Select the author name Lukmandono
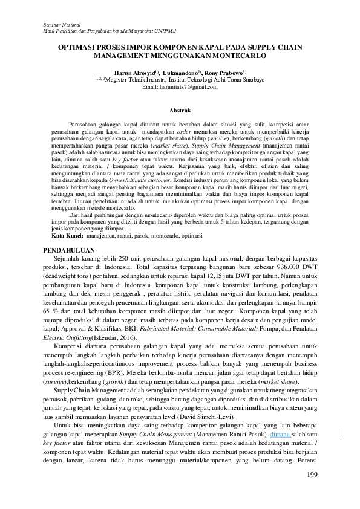click(180, 71)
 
